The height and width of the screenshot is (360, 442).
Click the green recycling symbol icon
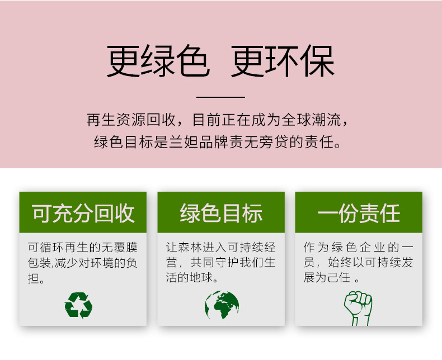tap(78, 305)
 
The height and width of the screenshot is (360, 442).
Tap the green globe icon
tap(222, 305)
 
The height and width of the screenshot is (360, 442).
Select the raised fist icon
tap(358, 307)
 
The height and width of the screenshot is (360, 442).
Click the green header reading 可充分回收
tap(83, 213)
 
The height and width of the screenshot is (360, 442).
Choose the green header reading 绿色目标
tap(221, 213)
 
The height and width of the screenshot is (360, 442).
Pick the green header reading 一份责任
tap(359, 213)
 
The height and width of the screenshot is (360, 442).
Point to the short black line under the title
tap(221, 97)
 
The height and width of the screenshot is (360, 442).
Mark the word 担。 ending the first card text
tap(36, 278)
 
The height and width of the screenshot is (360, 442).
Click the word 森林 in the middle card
tap(194, 247)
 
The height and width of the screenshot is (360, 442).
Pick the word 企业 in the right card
tap(369, 247)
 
